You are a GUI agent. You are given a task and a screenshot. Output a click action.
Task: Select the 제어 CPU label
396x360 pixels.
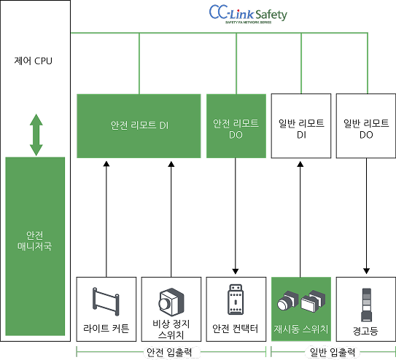point(35,59)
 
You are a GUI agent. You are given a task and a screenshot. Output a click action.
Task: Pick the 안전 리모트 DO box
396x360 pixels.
point(236,125)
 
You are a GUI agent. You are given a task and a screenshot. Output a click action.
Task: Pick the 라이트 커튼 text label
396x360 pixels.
point(106,329)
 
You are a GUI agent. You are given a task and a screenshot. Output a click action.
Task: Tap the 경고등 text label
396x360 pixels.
point(365,331)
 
